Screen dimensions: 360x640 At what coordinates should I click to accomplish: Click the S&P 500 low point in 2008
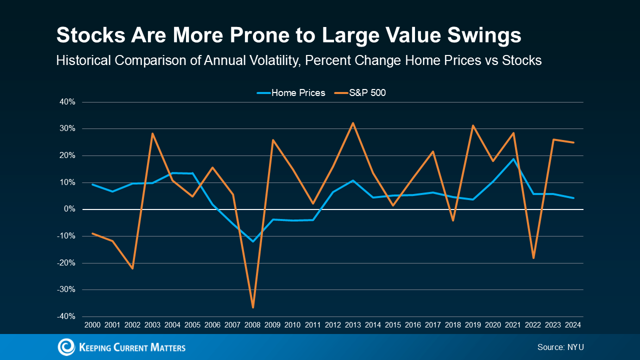(x=253, y=307)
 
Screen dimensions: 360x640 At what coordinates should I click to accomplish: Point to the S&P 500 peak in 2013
(x=353, y=123)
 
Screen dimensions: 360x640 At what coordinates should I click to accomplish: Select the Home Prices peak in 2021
(x=513, y=159)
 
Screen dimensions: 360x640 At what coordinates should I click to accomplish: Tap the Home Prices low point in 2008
(x=253, y=241)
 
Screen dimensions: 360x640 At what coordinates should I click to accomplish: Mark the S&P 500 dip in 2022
(x=533, y=258)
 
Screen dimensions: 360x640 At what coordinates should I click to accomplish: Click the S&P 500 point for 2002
(x=132, y=268)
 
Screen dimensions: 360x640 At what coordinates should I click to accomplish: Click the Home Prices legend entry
(x=291, y=93)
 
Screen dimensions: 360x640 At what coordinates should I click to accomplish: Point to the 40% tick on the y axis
(x=68, y=102)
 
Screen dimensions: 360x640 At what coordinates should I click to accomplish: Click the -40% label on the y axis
(x=67, y=316)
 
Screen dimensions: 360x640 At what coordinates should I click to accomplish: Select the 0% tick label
(x=70, y=209)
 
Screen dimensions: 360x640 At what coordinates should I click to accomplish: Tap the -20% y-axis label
(x=67, y=263)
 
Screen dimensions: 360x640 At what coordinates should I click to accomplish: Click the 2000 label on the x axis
(x=92, y=325)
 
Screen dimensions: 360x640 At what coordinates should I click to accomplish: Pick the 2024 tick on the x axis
(x=573, y=325)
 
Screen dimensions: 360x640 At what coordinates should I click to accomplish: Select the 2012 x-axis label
(x=333, y=325)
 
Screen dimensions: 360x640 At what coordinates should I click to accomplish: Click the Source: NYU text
(x=560, y=347)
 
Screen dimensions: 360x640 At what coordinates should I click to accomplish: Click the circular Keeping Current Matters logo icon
(x=66, y=347)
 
